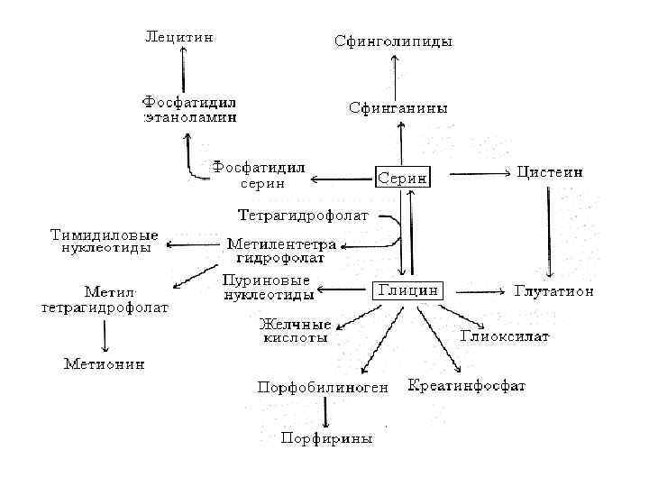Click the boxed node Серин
point(403,177)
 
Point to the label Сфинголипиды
point(393,41)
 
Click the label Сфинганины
point(398,108)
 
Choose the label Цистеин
point(549,170)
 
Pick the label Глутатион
point(553,291)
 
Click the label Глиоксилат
point(506,336)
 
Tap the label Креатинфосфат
point(467,386)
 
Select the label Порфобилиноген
point(323,388)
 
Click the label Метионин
point(104,364)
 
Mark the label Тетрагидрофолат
point(306,216)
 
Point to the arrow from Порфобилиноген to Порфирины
point(324,413)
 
